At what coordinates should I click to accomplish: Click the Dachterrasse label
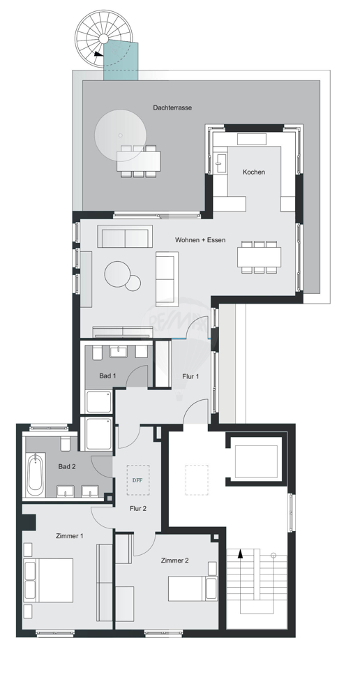[x=172, y=107]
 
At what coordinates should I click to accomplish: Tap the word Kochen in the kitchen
[x=254, y=172]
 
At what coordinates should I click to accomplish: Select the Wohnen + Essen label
[x=200, y=240]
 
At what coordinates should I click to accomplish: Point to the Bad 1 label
[x=107, y=376]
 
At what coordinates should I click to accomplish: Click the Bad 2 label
[x=67, y=466]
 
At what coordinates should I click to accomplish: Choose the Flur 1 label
[x=190, y=376]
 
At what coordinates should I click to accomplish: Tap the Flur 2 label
[x=138, y=508]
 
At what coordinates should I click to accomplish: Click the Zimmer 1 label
[x=70, y=536]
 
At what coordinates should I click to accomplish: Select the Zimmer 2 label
[x=174, y=560]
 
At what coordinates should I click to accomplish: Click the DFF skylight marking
[x=137, y=480]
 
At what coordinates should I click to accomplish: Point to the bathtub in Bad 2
[x=36, y=475]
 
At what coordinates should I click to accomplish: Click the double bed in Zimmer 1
[x=49, y=580]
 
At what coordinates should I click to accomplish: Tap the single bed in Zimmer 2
[x=193, y=588]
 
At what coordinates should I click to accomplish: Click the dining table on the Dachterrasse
[x=138, y=161]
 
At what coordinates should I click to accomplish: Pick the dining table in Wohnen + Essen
[x=259, y=257]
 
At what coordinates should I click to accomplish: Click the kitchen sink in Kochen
[x=220, y=163]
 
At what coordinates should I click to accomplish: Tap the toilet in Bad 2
[x=65, y=443]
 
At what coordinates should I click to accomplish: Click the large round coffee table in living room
[x=117, y=274]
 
